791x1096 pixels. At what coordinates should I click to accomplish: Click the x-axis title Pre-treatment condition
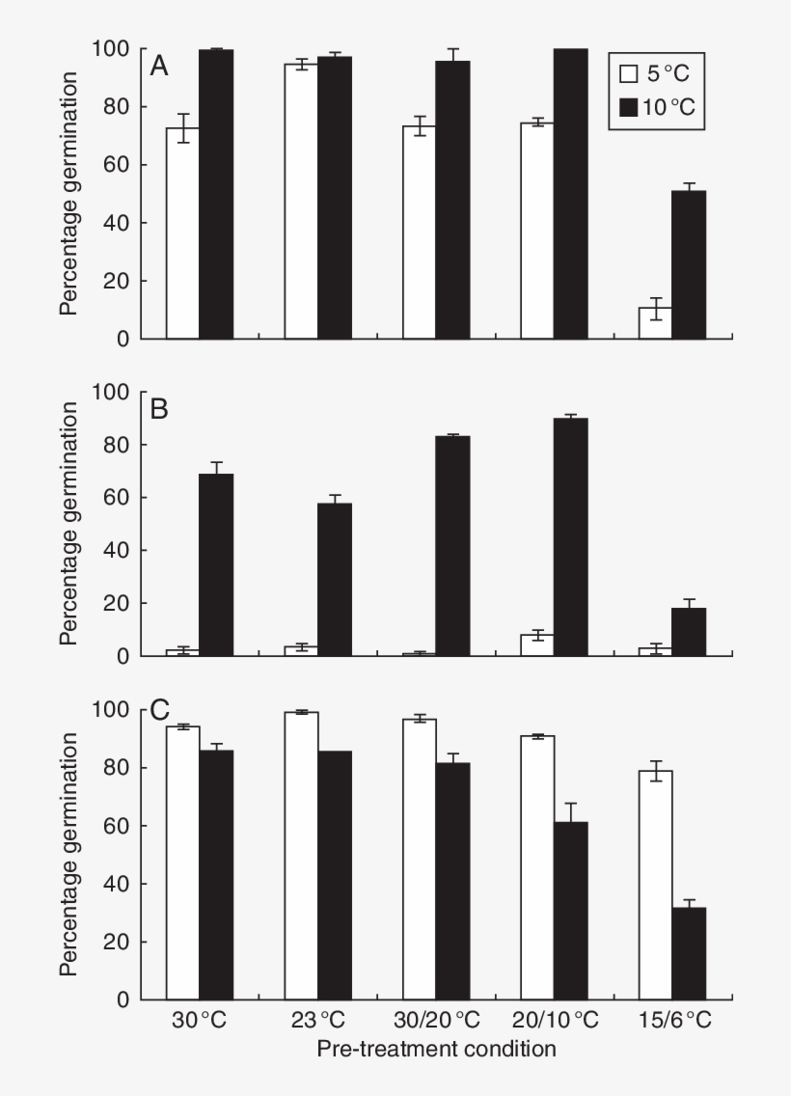[x=436, y=1049]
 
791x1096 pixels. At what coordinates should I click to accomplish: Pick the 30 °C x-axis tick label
[x=200, y=1021]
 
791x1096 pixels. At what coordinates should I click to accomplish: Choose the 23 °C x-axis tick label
[x=318, y=1021]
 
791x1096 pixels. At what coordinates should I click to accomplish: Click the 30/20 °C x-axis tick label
[x=436, y=1021]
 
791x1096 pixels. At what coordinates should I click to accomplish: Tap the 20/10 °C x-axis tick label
[x=554, y=1021]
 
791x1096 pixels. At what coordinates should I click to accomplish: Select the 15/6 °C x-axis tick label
[x=672, y=1021]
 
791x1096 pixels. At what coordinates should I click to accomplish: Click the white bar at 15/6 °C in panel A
[x=656, y=324]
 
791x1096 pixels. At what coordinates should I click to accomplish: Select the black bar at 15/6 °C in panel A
[x=689, y=265]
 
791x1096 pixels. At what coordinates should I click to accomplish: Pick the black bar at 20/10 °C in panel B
[x=570, y=537]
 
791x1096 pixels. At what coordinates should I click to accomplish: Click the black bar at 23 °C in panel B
[x=335, y=580]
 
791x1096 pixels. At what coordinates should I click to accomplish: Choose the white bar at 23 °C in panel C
[x=301, y=856]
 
